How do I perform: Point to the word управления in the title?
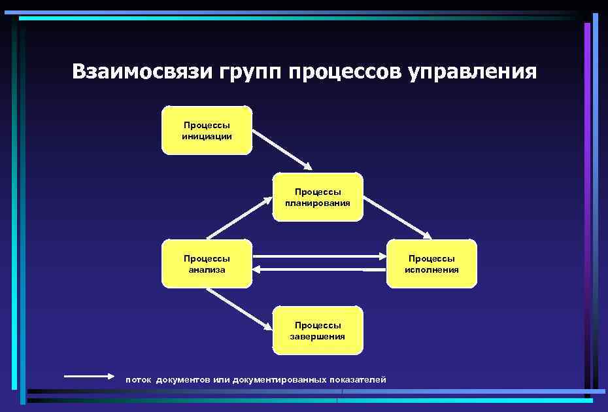[473, 73]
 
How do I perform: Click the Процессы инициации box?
[207, 130]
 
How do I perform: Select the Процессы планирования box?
[318, 197]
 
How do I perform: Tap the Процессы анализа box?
[207, 264]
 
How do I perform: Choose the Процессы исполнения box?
[431, 264]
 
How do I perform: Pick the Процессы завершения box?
[318, 330]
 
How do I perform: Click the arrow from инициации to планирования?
[282, 148]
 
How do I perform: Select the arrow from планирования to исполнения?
[397, 216]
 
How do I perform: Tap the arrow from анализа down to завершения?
[239, 309]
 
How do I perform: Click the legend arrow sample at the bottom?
[89, 376]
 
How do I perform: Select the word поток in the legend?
[138, 379]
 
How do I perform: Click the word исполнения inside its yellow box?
[431, 269]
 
